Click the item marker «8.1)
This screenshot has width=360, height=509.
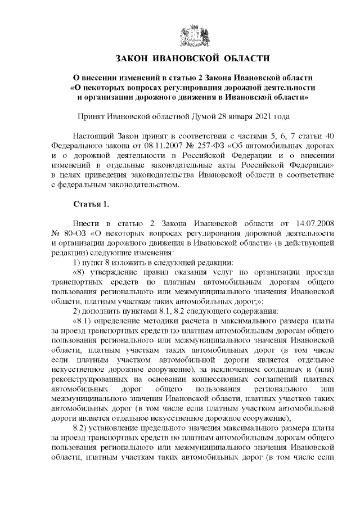click(x=85, y=320)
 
